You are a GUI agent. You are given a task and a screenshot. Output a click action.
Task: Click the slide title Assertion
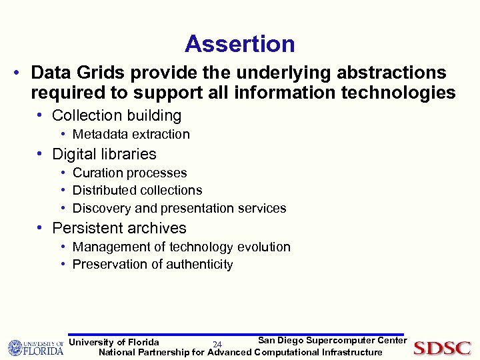click(239, 44)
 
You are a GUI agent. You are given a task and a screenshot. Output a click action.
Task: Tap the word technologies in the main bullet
click(398, 93)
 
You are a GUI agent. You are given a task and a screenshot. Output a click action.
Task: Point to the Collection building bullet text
click(117, 115)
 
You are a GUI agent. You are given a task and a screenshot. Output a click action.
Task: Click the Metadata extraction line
click(131, 134)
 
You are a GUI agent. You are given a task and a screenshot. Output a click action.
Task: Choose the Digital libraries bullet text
click(104, 154)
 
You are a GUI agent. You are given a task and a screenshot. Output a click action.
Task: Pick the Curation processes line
click(129, 173)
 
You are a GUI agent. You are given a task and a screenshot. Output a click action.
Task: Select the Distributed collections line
click(137, 190)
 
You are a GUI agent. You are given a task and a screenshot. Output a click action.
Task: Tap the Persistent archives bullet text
click(119, 228)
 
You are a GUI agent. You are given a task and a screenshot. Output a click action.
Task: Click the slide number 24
click(217, 345)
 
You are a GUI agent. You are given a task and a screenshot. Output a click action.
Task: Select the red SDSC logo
click(442, 348)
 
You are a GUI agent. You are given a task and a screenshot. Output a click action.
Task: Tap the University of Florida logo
click(35, 347)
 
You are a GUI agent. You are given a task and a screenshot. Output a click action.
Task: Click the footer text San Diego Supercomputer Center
click(332, 341)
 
